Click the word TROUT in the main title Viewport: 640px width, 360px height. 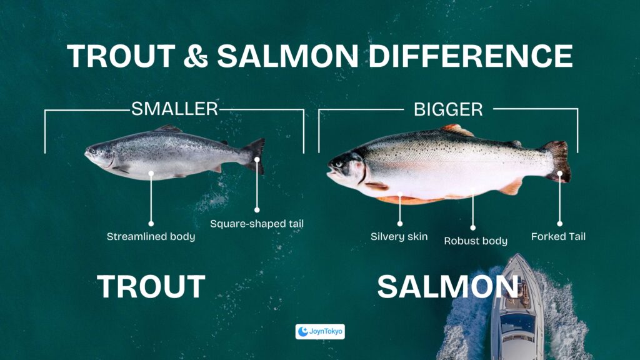121,56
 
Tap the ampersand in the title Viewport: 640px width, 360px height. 196,56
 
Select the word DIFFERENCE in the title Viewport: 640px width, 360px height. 471,56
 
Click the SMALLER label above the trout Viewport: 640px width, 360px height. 175,109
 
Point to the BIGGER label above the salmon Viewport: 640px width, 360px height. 448,109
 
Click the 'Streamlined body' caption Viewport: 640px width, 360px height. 151,236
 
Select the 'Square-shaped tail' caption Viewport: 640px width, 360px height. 257,224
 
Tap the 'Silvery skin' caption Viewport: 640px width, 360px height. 399,236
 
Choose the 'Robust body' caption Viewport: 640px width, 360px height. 476,241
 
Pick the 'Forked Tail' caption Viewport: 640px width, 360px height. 558,236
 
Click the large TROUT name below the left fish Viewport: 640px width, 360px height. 151,286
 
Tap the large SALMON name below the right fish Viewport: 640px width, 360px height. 447,286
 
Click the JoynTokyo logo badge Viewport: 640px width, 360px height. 320,331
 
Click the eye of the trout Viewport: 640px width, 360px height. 92,150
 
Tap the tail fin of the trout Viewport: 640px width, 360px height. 255,156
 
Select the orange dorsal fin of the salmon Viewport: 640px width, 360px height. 457,130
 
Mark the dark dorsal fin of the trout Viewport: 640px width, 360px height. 168,128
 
